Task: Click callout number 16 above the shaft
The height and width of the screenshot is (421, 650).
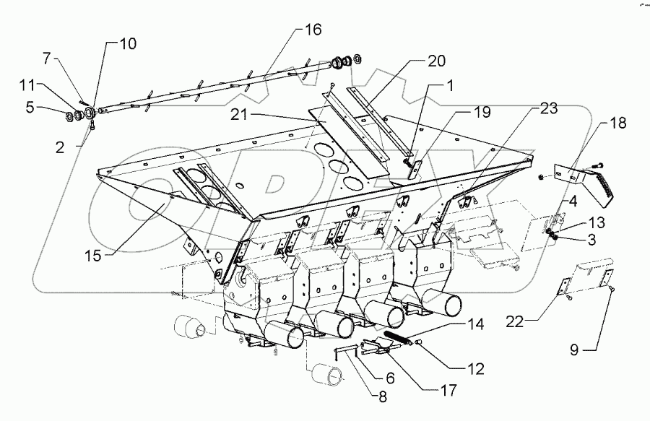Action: pyautogui.click(x=312, y=30)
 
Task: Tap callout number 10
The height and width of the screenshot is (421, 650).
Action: pyautogui.click(x=127, y=44)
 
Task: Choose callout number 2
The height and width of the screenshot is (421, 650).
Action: pyautogui.click(x=60, y=146)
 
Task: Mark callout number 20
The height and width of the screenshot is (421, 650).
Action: pyautogui.click(x=435, y=61)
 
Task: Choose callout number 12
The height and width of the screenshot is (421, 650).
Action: pyautogui.click(x=474, y=368)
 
